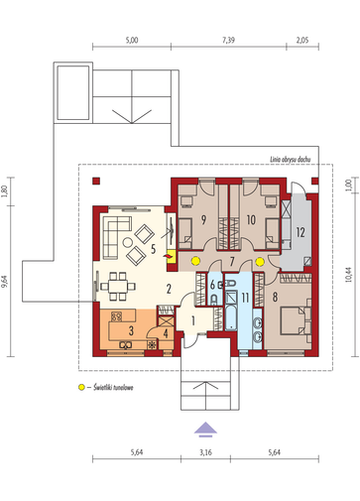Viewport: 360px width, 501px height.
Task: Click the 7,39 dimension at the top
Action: [228, 41]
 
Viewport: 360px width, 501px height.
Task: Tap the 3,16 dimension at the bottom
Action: [205, 452]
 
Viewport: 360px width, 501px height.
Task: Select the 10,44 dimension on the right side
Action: [348, 274]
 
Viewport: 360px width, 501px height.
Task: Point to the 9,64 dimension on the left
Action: [5, 283]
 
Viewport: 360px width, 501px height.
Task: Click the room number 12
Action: [300, 232]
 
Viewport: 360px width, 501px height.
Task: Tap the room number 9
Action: [203, 219]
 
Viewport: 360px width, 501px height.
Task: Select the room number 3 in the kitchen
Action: [131, 330]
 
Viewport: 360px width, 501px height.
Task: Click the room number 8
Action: [276, 297]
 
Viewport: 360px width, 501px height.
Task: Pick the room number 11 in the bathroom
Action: [245, 298]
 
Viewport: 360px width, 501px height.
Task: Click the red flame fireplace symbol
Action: [169, 256]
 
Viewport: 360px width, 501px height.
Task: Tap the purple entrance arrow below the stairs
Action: [205, 429]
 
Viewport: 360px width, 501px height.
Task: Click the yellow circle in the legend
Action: [81, 387]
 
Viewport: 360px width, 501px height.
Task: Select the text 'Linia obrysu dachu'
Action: [291, 160]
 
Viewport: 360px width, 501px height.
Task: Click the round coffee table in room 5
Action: [128, 242]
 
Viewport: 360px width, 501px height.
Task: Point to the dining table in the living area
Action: [118, 286]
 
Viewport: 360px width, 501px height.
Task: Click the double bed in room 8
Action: [296, 320]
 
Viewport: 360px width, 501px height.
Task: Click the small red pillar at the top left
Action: [96, 182]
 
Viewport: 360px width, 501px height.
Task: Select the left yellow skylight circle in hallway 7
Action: [195, 261]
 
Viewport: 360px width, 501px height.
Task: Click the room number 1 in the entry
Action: [193, 320]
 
